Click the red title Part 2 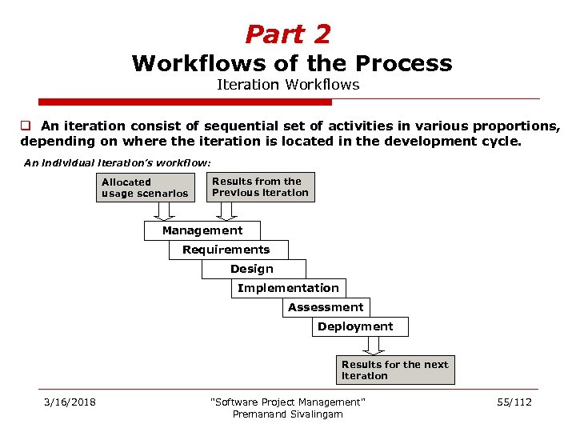pyautogui.click(x=287, y=34)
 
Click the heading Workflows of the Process pyautogui.click(x=292, y=63)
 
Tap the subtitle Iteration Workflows pyautogui.click(x=288, y=84)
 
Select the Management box pyautogui.click(x=202, y=230)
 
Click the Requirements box pyautogui.click(x=226, y=250)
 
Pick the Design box pyautogui.click(x=252, y=269)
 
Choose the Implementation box pyautogui.click(x=288, y=288)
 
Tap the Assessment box pyautogui.click(x=326, y=307)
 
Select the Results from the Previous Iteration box pyautogui.click(x=259, y=186)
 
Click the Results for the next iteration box pyautogui.click(x=394, y=370)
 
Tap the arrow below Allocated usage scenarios pyautogui.click(x=164, y=211)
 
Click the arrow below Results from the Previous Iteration pyautogui.click(x=227, y=210)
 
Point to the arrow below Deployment pyautogui.click(x=373, y=345)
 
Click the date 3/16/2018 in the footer pyautogui.click(x=70, y=402)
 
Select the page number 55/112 pyautogui.click(x=514, y=402)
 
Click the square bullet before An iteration pyautogui.click(x=26, y=126)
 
